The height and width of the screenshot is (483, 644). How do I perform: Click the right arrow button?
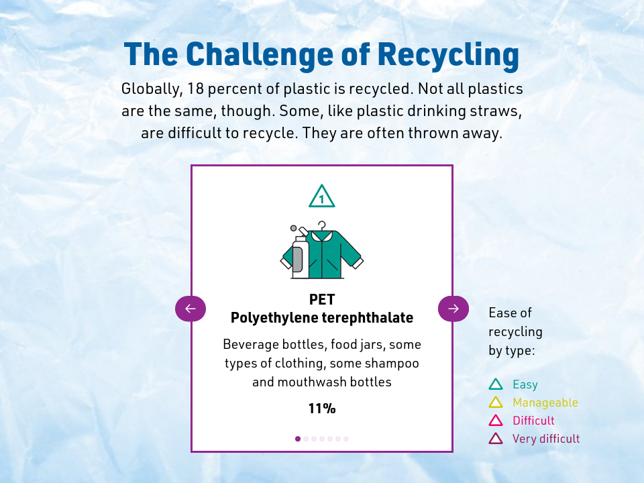click(x=453, y=309)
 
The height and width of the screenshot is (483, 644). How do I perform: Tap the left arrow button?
click(x=191, y=309)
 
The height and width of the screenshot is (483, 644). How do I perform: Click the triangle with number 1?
click(x=322, y=197)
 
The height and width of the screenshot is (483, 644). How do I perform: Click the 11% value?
click(x=322, y=409)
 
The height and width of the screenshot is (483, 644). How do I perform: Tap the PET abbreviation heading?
click(x=322, y=299)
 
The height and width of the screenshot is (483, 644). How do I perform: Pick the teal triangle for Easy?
click(x=496, y=384)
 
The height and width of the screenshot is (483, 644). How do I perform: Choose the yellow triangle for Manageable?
click(x=496, y=402)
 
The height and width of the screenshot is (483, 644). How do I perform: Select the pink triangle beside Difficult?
click(x=496, y=421)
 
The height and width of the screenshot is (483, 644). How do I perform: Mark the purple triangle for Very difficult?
click(x=496, y=439)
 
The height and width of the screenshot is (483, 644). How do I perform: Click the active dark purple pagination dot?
click(x=298, y=439)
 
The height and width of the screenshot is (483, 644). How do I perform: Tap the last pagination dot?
click(x=346, y=439)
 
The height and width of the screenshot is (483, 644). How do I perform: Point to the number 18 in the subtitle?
click(x=195, y=89)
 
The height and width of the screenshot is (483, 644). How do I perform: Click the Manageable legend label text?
click(x=545, y=402)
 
